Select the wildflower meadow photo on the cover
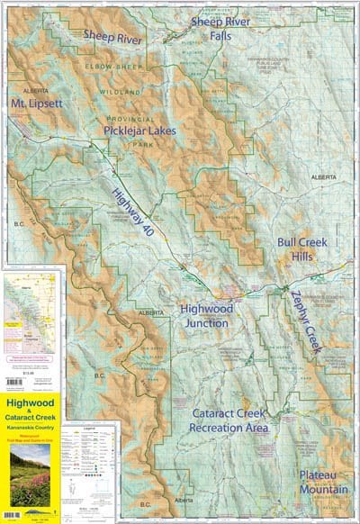31,472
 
